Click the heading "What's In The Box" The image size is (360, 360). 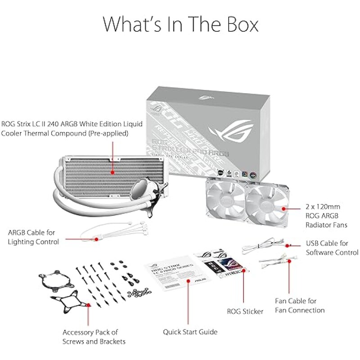tap(180, 24)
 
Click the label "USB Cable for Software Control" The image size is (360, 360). tap(332, 248)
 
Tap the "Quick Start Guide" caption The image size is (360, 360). tap(190, 332)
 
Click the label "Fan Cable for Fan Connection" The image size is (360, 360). tap(299, 306)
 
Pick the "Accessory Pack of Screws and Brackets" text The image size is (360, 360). tap(90, 337)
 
